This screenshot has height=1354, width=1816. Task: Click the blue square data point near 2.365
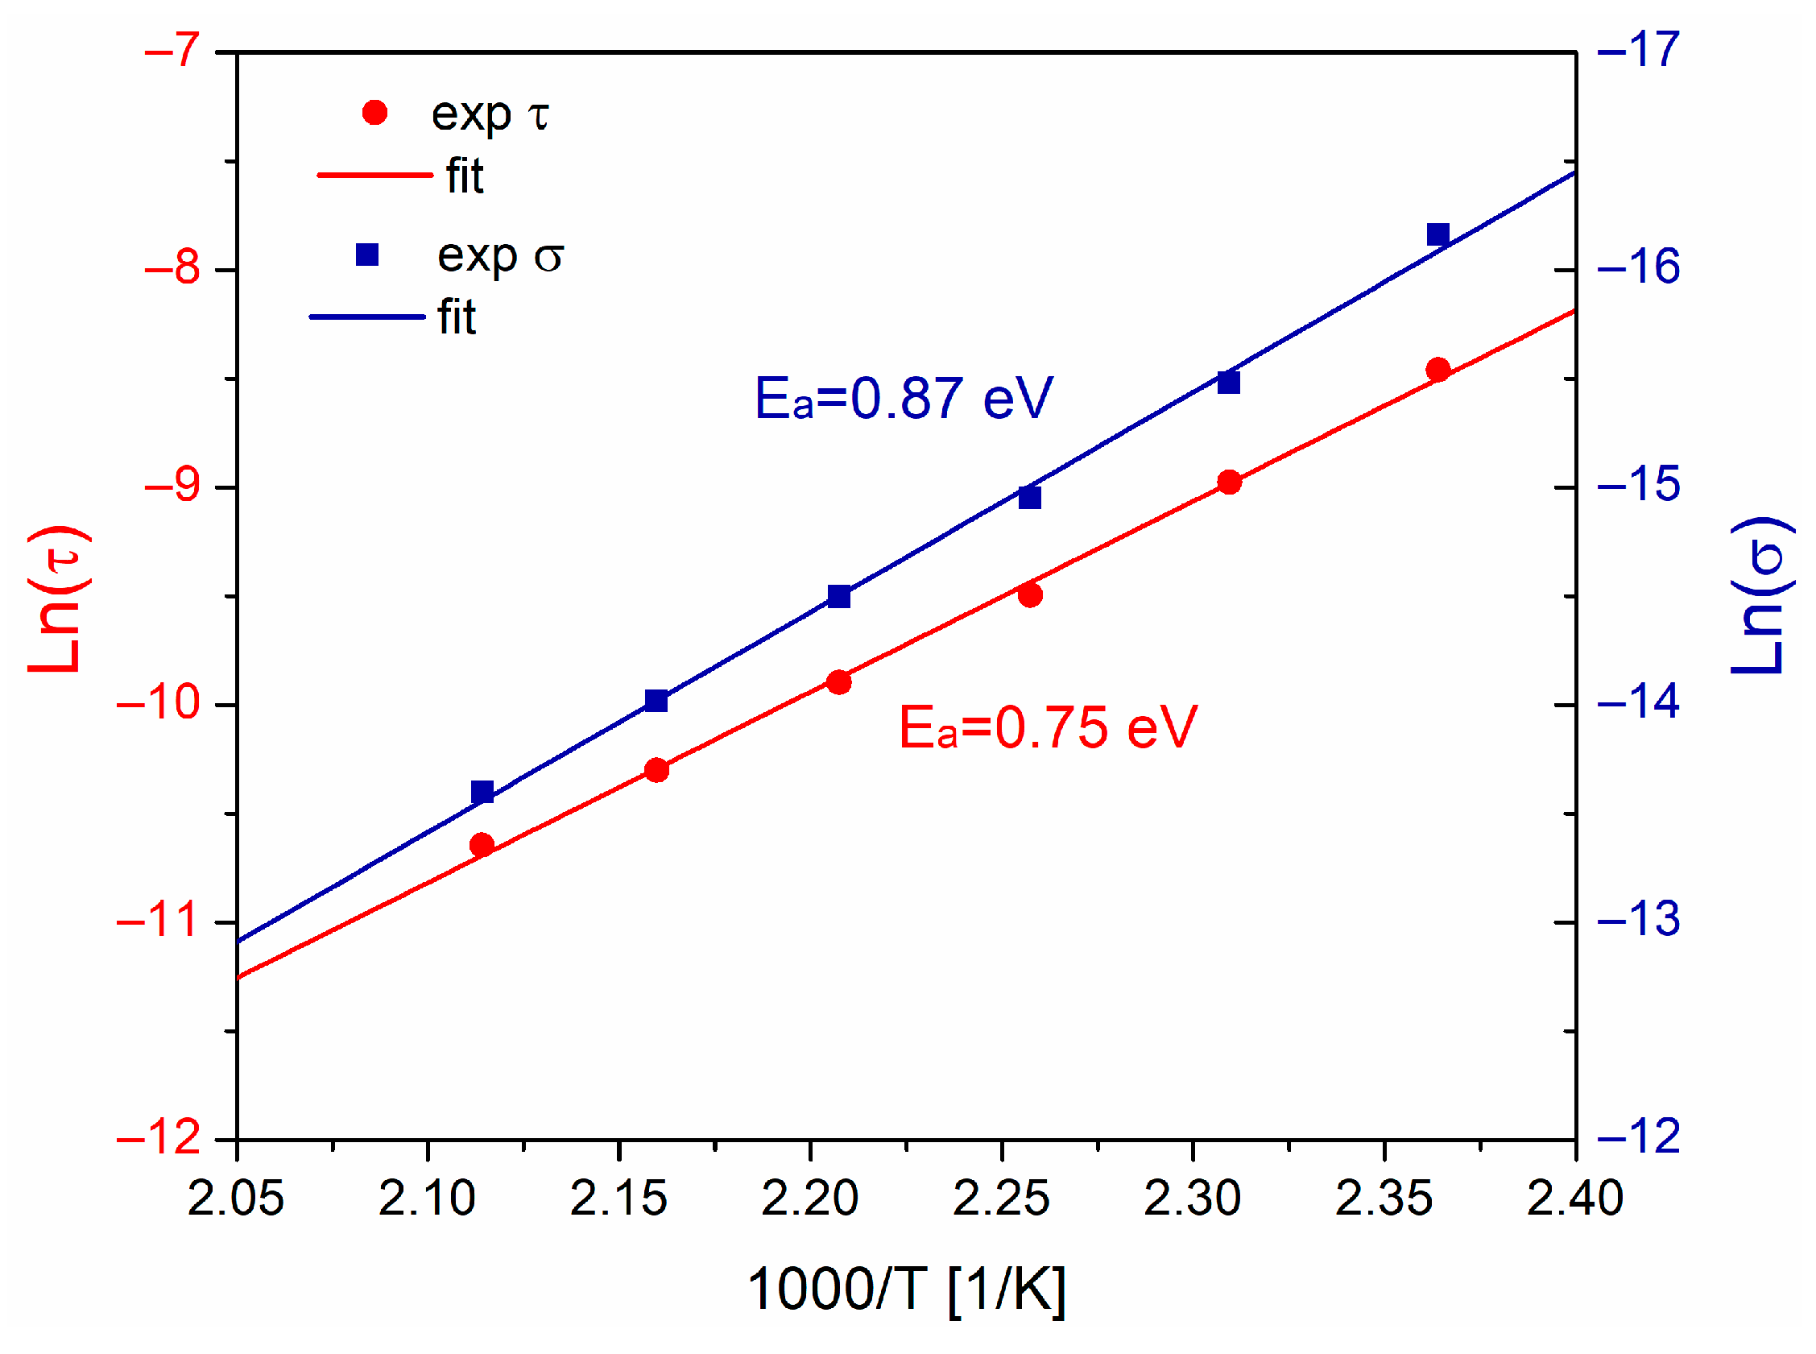tap(1437, 234)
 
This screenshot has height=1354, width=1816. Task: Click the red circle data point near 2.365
tap(1437, 369)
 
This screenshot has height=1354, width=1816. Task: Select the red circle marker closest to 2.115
tap(482, 844)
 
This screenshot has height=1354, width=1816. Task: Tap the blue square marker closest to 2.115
tap(482, 792)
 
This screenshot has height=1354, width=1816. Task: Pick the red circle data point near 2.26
tap(1030, 594)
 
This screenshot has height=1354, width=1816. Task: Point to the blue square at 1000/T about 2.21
tap(838, 596)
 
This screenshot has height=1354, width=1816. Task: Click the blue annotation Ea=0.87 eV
tap(903, 399)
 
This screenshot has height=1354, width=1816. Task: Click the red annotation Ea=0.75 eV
tap(1047, 727)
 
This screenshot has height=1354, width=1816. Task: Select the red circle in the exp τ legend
tap(374, 112)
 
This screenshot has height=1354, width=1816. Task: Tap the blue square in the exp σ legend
tap(367, 255)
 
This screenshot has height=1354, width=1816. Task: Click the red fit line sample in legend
tap(374, 175)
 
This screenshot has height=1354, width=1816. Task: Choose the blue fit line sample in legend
tap(366, 317)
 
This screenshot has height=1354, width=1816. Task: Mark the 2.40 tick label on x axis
tap(1574, 1199)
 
